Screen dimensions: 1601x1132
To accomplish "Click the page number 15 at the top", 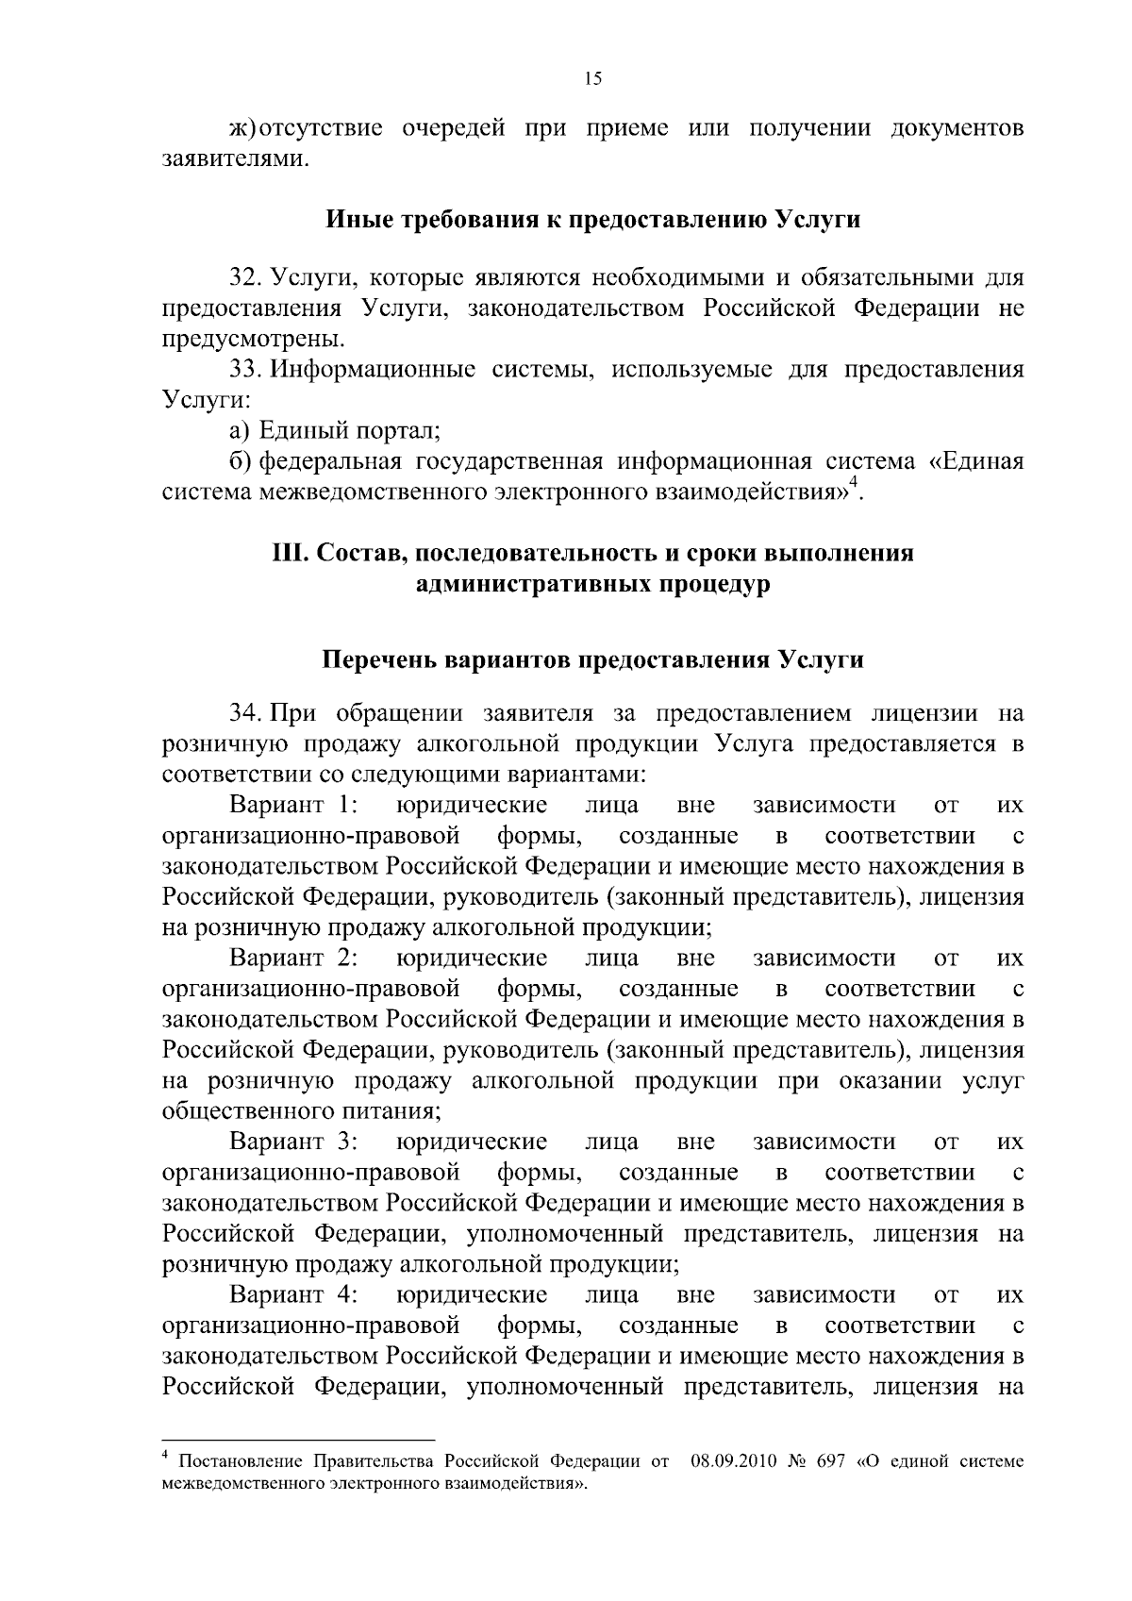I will (592, 79).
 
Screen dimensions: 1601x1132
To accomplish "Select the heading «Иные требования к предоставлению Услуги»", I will (593, 220).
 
